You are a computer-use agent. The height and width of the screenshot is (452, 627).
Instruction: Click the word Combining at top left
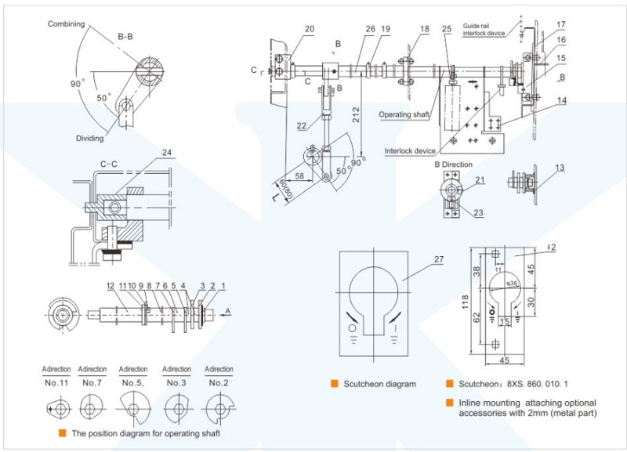pyautogui.click(x=66, y=24)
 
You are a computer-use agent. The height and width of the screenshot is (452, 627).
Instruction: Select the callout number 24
pyautogui.click(x=165, y=153)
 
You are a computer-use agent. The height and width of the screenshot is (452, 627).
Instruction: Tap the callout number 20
pyautogui.click(x=309, y=29)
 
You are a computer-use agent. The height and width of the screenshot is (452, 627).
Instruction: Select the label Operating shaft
pyautogui.click(x=404, y=114)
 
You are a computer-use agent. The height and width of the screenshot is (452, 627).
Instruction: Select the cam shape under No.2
pyautogui.click(x=219, y=406)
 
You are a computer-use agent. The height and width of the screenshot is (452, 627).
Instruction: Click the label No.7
pyautogui.click(x=92, y=383)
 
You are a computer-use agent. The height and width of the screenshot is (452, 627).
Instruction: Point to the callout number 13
pyautogui.click(x=559, y=168)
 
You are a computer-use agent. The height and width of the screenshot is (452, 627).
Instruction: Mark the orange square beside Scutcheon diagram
pyautogui.click(x=334, y=384)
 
